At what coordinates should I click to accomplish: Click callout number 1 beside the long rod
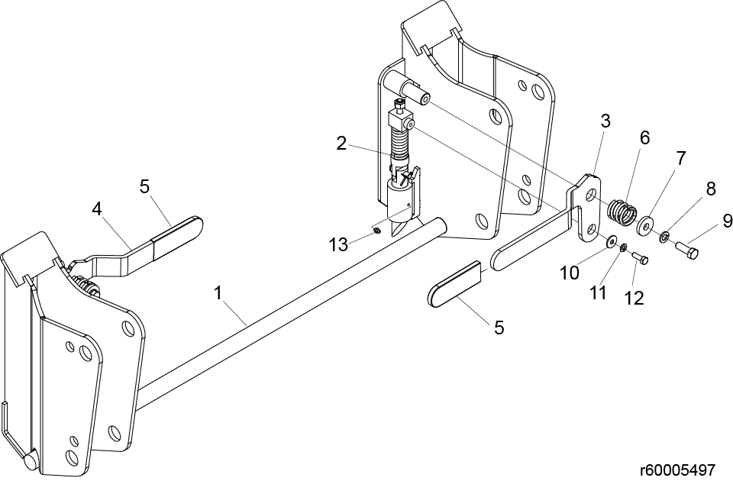coord(218,293)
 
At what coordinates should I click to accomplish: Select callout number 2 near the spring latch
coord(342,144)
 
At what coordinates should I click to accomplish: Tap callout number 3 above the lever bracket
coord(605,121)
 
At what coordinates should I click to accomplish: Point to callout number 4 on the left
coord(96,209)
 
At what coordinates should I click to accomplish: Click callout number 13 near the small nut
coord(338,244)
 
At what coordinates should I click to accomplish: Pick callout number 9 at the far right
coord(727,221)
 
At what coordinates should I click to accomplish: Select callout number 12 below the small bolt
coord(634,298)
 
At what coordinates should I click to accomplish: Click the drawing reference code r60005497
coord(678,470)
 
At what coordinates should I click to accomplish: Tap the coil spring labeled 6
coord(623,211)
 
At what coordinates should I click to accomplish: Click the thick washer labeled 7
coord(646,224)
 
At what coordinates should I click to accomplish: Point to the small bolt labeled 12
coord(640,257)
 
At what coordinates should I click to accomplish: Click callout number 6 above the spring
coord(644,138)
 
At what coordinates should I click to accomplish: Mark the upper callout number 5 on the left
coord(144,186)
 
